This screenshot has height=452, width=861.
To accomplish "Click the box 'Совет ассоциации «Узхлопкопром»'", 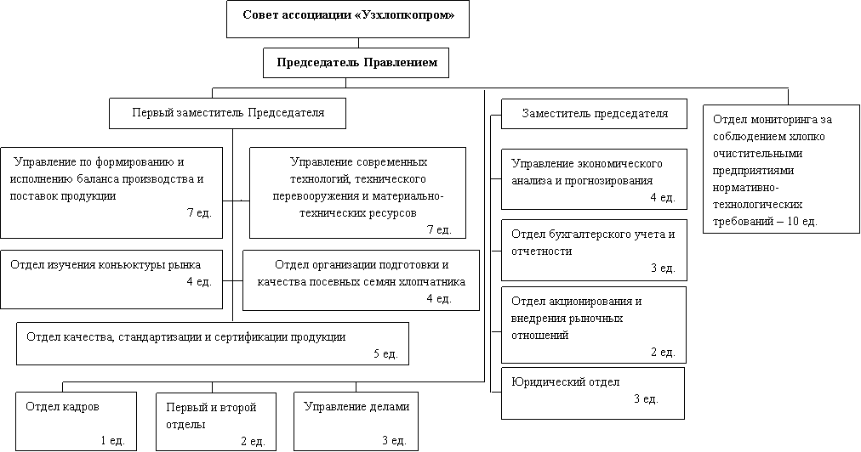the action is pyautogui.click(x=348, y=20).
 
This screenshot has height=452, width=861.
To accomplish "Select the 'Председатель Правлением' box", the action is pyautogui.click(x=356, y=63).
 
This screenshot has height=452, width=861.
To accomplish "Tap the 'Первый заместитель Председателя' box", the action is pyautogui.click(x=227, y=114).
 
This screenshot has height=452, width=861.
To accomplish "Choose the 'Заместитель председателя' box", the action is pyautogui.click(x=594, y=114).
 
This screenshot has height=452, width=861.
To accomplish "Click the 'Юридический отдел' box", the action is pyautogui.click(x=593, y=393).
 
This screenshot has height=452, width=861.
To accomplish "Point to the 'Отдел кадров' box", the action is pyautogui.click(x=76, y=421).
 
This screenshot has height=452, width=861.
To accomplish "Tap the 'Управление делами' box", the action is pyautogui.click(x=356, y=421).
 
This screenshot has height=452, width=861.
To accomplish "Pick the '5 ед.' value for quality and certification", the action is pyautogui.click(x=385, y=353).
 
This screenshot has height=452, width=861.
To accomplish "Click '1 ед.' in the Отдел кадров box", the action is pyautogui.click(x=112, y=440).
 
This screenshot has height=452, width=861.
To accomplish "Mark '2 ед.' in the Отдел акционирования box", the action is pyautogui.click(x=663, y=352).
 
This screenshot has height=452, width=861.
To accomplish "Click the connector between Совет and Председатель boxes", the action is pyautogui.click(x=358, y=43).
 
